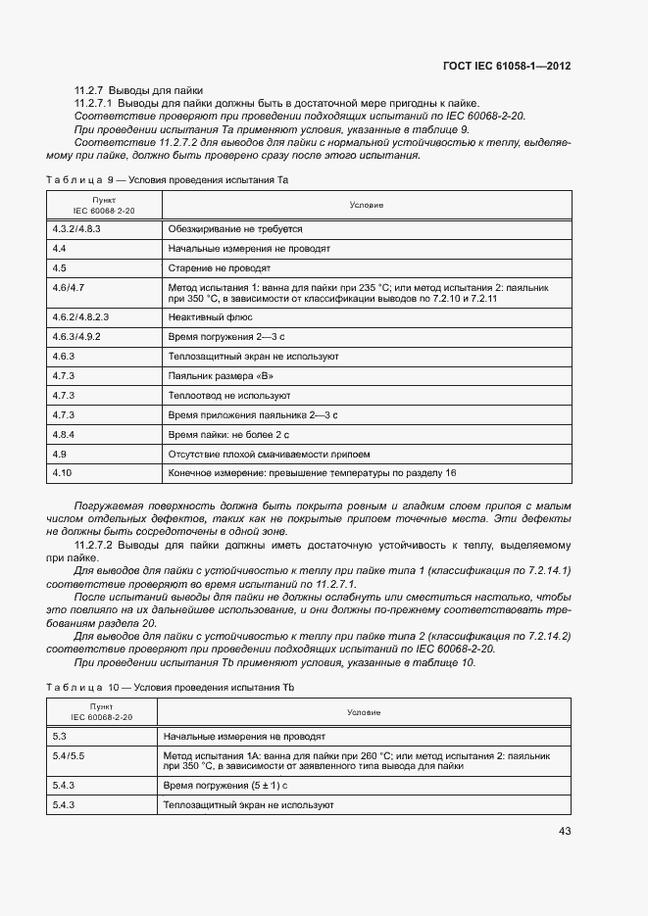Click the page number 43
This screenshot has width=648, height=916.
[x=564, y=831]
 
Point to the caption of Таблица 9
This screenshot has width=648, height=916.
[x=168, y=180]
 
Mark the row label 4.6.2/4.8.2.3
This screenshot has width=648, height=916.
[x=80, y=316]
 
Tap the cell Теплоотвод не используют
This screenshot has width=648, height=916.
[x=229, y=395]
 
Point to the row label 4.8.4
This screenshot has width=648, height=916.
[x=65, y=434]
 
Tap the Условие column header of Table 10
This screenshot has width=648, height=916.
[x=364, y=712]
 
